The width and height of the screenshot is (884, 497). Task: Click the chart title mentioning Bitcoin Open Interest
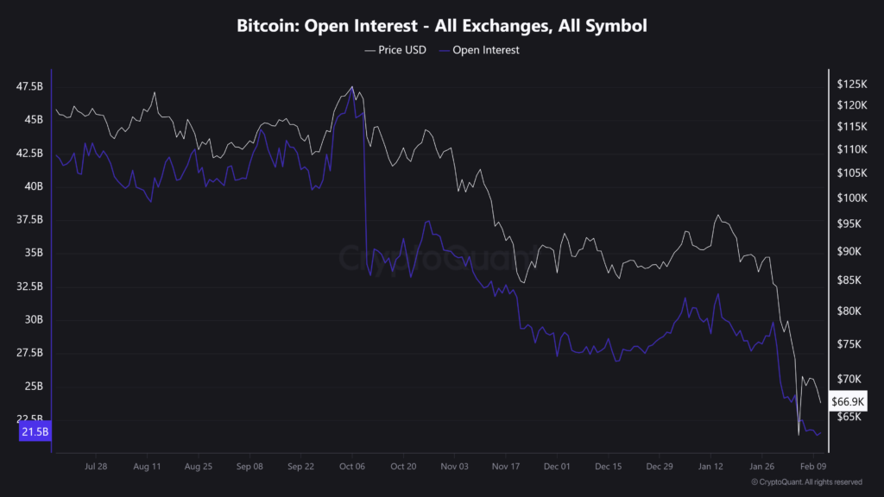[442, 27]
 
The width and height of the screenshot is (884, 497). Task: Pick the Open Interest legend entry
[480, 50]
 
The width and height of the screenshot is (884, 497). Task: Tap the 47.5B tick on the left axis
[29, 86]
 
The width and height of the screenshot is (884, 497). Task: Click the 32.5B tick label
[29, 286]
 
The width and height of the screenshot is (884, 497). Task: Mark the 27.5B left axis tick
[29, 353]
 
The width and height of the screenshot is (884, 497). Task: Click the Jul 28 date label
[96, 466]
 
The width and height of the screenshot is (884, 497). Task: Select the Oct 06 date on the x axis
[352, 466]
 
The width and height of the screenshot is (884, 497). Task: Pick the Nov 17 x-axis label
[506, 466]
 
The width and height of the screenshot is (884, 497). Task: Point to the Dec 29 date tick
[660, 466]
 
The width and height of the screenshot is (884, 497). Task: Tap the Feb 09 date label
[813, 466]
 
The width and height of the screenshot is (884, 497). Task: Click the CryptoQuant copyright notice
[806, 481]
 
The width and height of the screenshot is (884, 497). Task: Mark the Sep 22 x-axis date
[300, 466]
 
